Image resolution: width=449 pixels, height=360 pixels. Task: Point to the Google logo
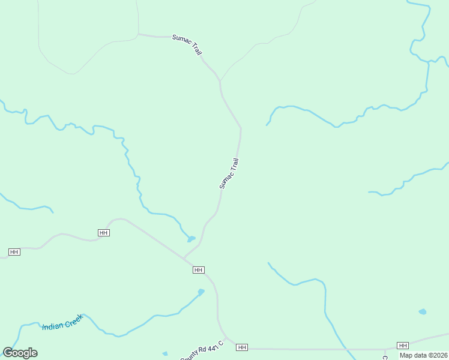[x=20, y=353]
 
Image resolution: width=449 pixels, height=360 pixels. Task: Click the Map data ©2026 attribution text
[x=424, y=355]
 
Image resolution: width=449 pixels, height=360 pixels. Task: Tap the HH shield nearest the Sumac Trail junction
[x=199, y=270]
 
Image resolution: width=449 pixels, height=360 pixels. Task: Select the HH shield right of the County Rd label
[x=242, y=347]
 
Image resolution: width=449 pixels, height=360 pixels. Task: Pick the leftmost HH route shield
[x=14, y=252]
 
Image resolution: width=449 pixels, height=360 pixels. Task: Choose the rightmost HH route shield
[x=403, y=345]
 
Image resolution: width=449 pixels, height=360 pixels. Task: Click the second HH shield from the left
[x=103, y=232]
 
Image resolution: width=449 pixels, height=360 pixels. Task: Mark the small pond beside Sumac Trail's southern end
[x=191, y=239]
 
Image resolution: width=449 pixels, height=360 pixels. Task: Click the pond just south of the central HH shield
[x=200, y=292]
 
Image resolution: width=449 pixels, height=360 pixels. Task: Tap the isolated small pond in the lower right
[x=423, y=312]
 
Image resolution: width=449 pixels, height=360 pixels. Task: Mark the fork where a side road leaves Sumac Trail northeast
[x=220, y=81]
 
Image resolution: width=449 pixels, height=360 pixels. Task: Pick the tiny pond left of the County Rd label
[x=165, y=353]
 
